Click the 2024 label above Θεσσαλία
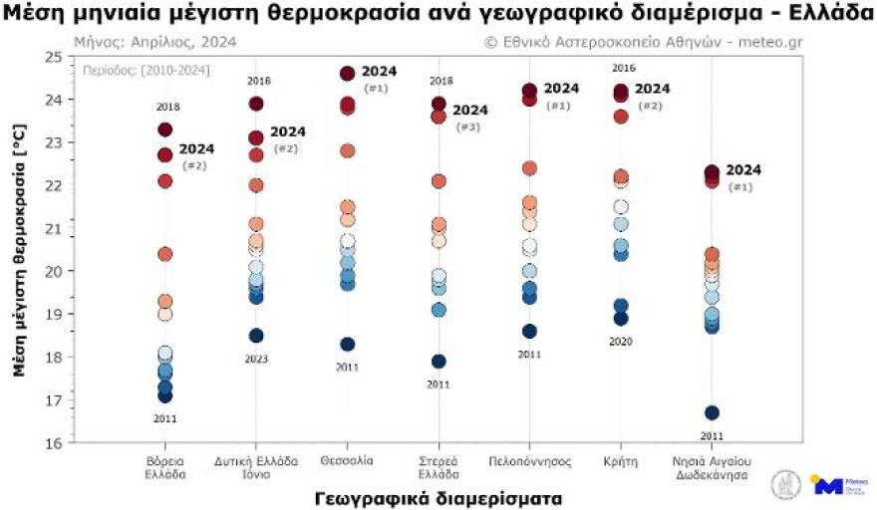(379, 72)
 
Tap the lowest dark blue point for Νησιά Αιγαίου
(712, 412)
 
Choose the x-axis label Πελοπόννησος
(529, 461)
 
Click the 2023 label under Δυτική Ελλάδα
(256, 359)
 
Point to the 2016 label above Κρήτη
(623, 68)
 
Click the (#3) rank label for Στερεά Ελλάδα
(467, 127)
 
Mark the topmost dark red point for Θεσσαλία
(348, 74)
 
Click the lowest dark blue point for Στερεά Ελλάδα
(438, 361)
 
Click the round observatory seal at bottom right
(786, 484)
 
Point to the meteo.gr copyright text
(643, 42)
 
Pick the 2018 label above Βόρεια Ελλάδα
(166, 107)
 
